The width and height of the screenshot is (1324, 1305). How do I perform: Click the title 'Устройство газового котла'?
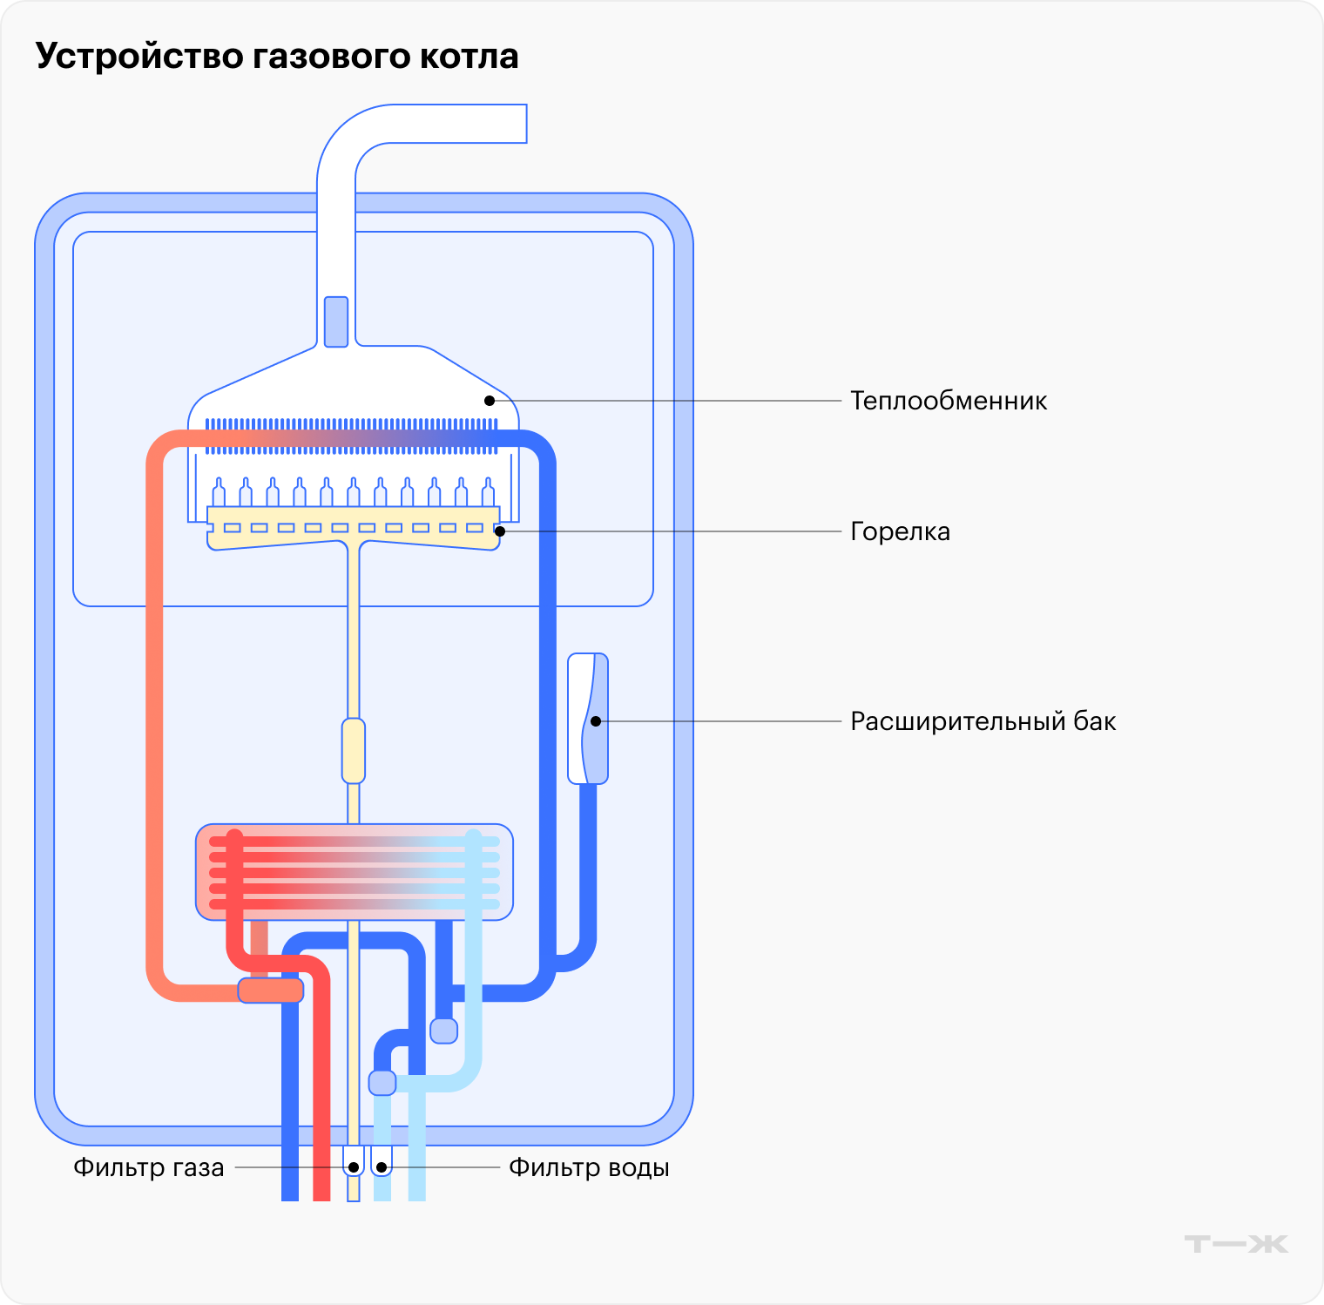[x=277, y=56]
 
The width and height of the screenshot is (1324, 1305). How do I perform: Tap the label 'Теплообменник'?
[x=948, y=401]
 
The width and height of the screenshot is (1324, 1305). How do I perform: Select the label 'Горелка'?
[x=900, y=531]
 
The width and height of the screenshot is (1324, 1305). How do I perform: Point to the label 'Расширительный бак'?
[x=983, y=721]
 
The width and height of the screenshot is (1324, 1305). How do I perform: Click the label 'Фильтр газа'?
[x=149, y=1167]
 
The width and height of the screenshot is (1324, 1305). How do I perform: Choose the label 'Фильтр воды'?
[x=589, y=1167]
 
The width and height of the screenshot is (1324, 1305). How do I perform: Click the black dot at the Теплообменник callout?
[x=490, y=401]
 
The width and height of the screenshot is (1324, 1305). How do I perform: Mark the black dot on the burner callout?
[x=500, y=531]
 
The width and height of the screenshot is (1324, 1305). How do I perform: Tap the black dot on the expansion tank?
[x=596, y=721]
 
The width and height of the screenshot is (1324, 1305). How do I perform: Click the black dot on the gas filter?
[x=354, y=1167]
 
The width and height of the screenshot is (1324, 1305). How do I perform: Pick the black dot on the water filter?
[x=382, y=1167]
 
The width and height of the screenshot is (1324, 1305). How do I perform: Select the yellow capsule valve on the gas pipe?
[x=354, y=750]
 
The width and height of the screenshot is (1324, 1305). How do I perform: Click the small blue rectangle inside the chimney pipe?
[x=336, y=321]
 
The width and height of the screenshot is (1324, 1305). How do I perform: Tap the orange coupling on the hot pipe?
[x=271, y=991]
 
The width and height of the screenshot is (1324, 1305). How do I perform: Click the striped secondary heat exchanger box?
[x=354, y=872]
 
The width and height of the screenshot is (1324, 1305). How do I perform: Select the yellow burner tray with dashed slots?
[x=354, y=528]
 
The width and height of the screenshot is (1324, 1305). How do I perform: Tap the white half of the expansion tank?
[x=578, y=720]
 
